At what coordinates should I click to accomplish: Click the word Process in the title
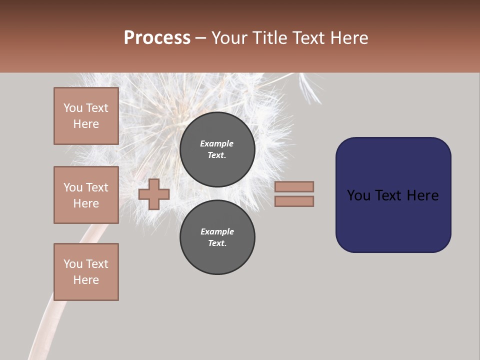click(157, 37)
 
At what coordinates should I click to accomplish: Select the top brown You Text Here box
click(86, 116)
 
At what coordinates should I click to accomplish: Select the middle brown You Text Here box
click(86, 195)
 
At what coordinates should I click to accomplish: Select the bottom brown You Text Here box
click(86, 272)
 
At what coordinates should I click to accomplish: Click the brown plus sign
click(154, 194)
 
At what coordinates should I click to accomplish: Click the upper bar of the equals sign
click(294, 186)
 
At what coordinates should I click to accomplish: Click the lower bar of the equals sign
click(294, 201)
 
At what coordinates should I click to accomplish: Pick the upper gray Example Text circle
click(217, 149)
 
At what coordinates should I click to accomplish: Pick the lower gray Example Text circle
click(217, 237)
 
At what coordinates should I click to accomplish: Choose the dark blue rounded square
click(393, 195)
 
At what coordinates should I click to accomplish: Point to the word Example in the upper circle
click(216, 143)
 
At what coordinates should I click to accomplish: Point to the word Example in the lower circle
click(217, 231)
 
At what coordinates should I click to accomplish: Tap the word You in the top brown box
click(73, 108)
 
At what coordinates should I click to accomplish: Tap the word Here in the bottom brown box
click(86, 280)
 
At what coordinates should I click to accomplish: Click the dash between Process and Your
click(201, 38)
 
